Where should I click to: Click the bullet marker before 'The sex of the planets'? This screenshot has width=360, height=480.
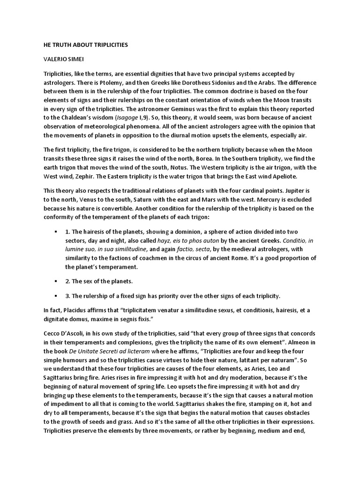[x=56, y=281]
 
